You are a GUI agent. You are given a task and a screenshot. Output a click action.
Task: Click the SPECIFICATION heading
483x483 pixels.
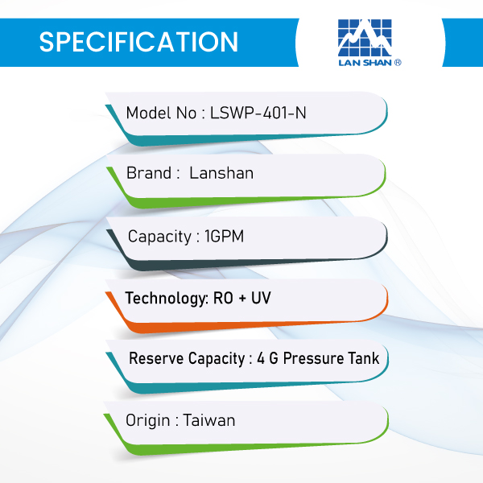pos(138,42)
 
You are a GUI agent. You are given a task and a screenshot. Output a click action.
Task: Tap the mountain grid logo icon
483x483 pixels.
pos(365,38)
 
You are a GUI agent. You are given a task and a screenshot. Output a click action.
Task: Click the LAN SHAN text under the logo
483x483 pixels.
pos(365,63)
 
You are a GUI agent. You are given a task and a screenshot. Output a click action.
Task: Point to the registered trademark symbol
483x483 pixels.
pos(398,63)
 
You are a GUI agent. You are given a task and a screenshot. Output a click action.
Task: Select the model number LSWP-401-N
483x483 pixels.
pos(258,113)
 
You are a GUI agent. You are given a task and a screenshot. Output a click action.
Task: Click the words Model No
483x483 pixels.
pos(161,113)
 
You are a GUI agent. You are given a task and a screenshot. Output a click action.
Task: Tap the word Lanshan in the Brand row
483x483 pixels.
pos(221,173)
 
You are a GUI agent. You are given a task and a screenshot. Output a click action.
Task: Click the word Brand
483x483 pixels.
pos(149,173)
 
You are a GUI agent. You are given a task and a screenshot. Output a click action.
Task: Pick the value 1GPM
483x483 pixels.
pos(225,236)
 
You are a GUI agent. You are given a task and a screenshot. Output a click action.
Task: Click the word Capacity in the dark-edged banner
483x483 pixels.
pos(159,237)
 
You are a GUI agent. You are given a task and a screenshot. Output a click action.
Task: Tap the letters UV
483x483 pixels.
pos(261,298)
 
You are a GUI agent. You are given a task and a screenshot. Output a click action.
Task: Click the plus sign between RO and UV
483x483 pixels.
pos(242,299)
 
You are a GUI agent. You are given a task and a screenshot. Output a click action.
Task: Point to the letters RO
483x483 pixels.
pos(223,298)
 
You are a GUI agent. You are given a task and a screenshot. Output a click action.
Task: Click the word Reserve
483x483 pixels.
pos(156,358)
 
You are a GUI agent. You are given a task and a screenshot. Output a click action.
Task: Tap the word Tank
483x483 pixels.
pos(364,358)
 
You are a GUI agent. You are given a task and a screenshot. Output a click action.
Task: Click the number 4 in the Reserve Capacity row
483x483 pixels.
pos(261,358)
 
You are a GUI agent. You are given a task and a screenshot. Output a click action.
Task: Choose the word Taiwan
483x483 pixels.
pos(209,420)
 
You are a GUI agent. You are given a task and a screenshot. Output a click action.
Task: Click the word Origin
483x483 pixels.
pos(148,421)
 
